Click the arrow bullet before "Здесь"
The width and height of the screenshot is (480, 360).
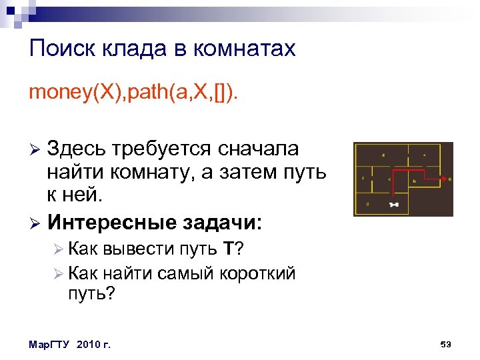tap(35, 149)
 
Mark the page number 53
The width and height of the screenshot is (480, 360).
tap(446, 344)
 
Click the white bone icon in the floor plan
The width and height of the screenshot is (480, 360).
tap(393, 205)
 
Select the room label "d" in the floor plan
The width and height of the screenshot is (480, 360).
tap(383, 155)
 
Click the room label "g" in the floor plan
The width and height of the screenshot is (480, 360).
tap(367, 203)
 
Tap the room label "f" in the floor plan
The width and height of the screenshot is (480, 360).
tap(363, 178)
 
